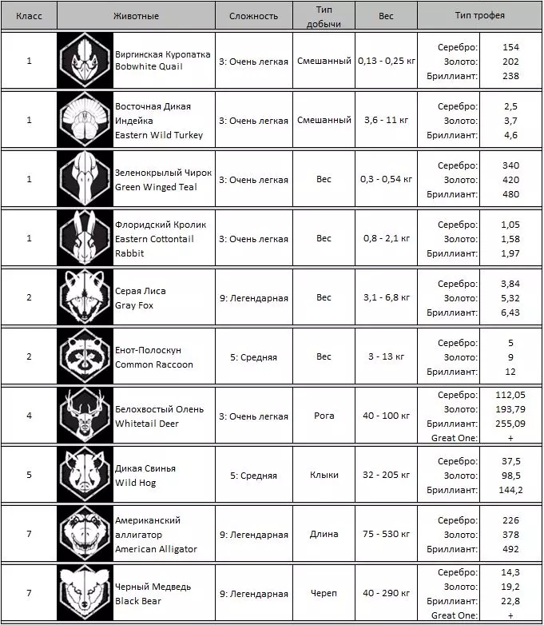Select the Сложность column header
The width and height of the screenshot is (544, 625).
[253, 15]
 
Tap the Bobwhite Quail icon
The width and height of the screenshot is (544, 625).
[84, 61]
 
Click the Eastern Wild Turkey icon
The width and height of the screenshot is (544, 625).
[84, 120]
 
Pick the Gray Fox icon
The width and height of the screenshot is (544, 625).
[84, 297]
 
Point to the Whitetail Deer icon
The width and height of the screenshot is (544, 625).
[84, 416]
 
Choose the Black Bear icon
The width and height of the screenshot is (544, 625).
[84, 594]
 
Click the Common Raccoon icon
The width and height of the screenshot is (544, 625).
[84, 356]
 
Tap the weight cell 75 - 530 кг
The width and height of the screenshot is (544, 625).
[384, 534]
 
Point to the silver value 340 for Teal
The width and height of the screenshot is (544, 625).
[510, 165]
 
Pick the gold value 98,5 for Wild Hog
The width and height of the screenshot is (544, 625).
[510, 476]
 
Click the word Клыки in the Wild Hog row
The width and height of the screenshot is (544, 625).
[324, 475]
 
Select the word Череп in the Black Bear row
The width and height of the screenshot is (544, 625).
[324, 594]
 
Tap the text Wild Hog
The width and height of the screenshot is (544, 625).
[136, 483]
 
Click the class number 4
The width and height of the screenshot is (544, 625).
[30, 416]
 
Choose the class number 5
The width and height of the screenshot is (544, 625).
[30, 475]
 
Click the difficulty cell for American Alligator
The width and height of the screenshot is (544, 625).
[253, 534]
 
